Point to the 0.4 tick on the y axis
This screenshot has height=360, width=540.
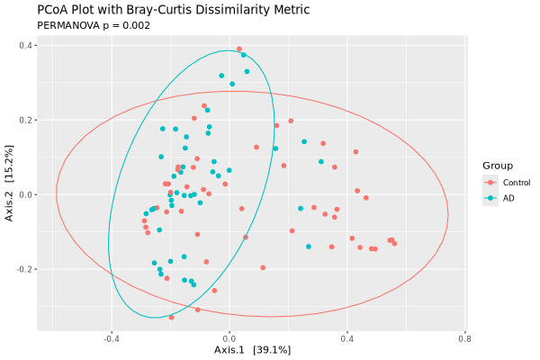26,45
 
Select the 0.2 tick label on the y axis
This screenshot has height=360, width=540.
26,120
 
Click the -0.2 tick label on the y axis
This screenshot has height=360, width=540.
24,269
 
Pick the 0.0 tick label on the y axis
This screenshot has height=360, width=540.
26,194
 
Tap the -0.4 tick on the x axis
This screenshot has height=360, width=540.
112,339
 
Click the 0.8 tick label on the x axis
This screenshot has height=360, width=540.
464,339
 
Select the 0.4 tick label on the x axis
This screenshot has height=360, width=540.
346,339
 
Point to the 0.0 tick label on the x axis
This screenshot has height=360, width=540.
229,339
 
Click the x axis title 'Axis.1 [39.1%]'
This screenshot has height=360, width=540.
252,349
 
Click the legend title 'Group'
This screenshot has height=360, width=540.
498,166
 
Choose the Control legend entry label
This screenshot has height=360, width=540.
517,183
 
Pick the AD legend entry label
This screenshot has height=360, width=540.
508,198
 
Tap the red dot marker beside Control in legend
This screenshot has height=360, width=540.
490,183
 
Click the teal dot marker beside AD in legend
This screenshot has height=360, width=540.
490,198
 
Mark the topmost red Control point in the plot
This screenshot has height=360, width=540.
238,49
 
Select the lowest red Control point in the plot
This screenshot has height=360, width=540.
171,317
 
